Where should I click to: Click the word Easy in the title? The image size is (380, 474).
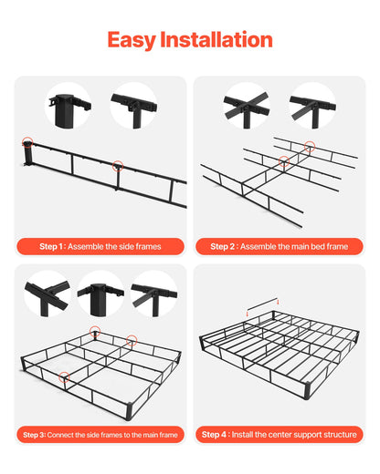click(x=130, y=39)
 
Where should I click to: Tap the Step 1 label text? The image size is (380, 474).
click(x=51, y=246)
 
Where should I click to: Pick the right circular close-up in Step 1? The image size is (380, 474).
click(x=133, y=106)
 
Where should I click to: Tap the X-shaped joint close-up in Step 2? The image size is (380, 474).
click(x=248, y=106)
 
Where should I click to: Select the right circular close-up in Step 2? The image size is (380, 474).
click(x=312, y=106)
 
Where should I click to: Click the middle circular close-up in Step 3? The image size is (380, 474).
click(x=100, y=294)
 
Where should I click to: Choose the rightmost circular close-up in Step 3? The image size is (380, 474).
click(x=153, y=294)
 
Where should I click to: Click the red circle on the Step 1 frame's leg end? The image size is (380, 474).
click(x=27, y=142)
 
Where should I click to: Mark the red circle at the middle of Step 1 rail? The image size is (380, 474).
click(x=117, y=165)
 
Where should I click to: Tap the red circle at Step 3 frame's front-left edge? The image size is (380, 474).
click(x=63, y=374)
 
